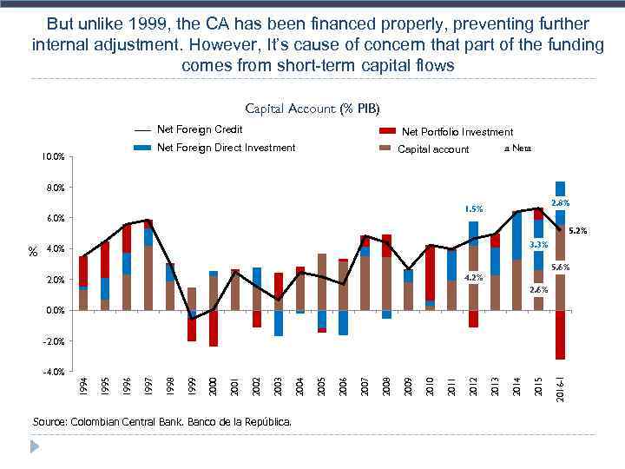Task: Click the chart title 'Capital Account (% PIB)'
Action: (x=312, y=109)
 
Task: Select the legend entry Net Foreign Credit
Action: (x=199, y=129)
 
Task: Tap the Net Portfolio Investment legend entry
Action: (x=457, y=132)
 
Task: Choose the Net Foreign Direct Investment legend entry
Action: (x=226, y=148)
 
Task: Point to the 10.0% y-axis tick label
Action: (x=53, y=157)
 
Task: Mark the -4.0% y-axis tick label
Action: (x=53, y=372)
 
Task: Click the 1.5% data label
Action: (x=473, y=208)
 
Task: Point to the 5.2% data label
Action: (x=578, y=231)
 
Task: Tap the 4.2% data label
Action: (x=473, y=278)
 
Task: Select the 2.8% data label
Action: (x=560, y=202)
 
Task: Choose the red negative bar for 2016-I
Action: (x=561, y=334)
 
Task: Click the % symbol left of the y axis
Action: (x=33, y=252)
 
